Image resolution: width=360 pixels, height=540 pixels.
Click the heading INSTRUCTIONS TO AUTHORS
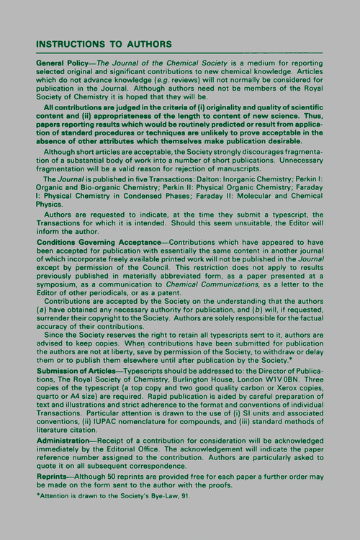coord(104,44)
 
